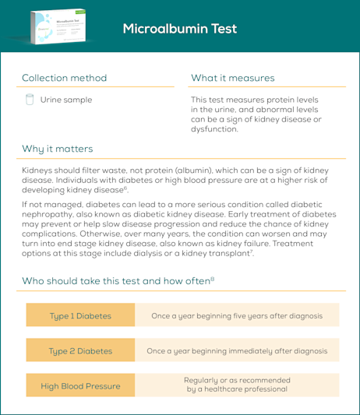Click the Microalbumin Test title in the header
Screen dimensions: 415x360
[x=179, y=29]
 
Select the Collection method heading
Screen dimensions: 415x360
[x=64, y=78]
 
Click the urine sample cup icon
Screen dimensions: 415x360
[x=30, y=100]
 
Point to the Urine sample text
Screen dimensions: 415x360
[x=65, y=100]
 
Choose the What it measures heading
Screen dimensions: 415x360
[x=232, y=78]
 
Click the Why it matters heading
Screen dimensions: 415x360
[x=57, y=149]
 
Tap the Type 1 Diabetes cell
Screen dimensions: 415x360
[x=80, y=316]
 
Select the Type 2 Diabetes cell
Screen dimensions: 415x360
[x=80, y=351]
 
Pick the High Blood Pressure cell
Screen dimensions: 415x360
[x=80, y=385]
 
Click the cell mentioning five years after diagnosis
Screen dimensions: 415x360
[x=237, y=316]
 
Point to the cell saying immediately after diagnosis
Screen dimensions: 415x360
[x=237, y=351]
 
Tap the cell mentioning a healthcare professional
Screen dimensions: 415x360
[x=237, y=385]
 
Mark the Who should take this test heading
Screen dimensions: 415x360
[x=116, y=280]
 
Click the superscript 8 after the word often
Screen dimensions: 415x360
[x=212, y=278]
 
